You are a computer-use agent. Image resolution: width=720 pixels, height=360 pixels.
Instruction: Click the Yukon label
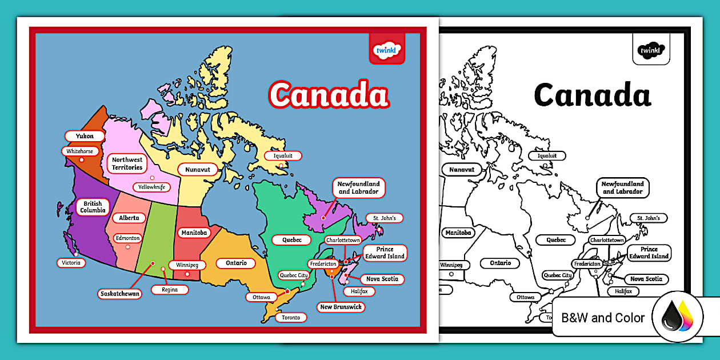point(84,136)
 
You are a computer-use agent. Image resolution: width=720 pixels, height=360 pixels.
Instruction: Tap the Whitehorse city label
point(79,151)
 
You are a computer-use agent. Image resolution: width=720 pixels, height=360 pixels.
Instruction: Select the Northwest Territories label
point(127,163)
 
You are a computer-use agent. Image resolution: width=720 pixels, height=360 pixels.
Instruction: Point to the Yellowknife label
point(151,187)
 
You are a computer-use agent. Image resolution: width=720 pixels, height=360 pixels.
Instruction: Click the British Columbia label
point(93,207)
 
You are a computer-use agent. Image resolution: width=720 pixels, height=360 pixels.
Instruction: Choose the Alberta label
point(129,218)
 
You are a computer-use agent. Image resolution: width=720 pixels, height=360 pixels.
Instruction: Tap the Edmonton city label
point(127,238)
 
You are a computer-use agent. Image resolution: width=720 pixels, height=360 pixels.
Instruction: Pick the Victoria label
point(72,263)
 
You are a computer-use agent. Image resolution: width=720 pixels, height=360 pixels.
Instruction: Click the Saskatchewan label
point(120,294)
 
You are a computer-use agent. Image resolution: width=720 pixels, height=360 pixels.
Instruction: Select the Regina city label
point(170,290)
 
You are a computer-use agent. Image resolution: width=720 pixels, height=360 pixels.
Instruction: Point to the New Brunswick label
point(342,307)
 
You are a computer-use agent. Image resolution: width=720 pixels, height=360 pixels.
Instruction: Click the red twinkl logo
point(387,50)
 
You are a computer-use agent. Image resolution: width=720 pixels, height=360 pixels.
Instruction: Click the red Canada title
point(329,95)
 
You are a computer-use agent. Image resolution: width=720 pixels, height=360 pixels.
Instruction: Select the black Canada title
point(592,95)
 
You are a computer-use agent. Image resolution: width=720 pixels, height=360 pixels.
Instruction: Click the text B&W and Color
point(603,318)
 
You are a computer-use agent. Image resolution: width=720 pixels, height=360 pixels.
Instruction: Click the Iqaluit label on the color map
point(283,156)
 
